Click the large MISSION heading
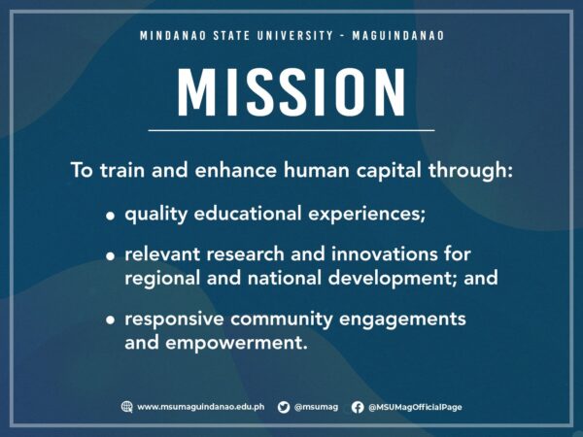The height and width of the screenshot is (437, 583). point(291,91)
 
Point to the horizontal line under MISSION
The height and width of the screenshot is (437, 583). point(291,130)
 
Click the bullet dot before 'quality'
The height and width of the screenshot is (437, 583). point(111,215)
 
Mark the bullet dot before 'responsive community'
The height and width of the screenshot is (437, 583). point(111,320)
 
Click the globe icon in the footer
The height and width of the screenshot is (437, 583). point(126,407)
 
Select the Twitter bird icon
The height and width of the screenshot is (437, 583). point(284,407)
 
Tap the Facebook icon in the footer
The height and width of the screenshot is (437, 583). point(358,407)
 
